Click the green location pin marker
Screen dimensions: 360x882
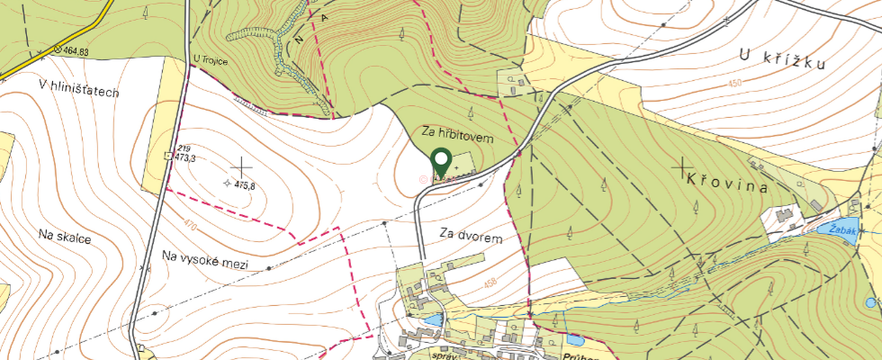pos(441,161)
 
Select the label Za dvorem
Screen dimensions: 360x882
pos(470,235)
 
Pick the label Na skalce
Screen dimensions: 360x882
pos(66,236)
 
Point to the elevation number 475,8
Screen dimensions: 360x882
pos(245,185)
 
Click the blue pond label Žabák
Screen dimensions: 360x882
pos(841,229)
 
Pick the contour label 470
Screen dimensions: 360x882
pos(188,225)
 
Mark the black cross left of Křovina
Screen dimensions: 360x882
pos(684,166)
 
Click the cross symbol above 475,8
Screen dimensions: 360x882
pos(241,166)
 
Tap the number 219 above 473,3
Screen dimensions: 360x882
pos(184,148)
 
